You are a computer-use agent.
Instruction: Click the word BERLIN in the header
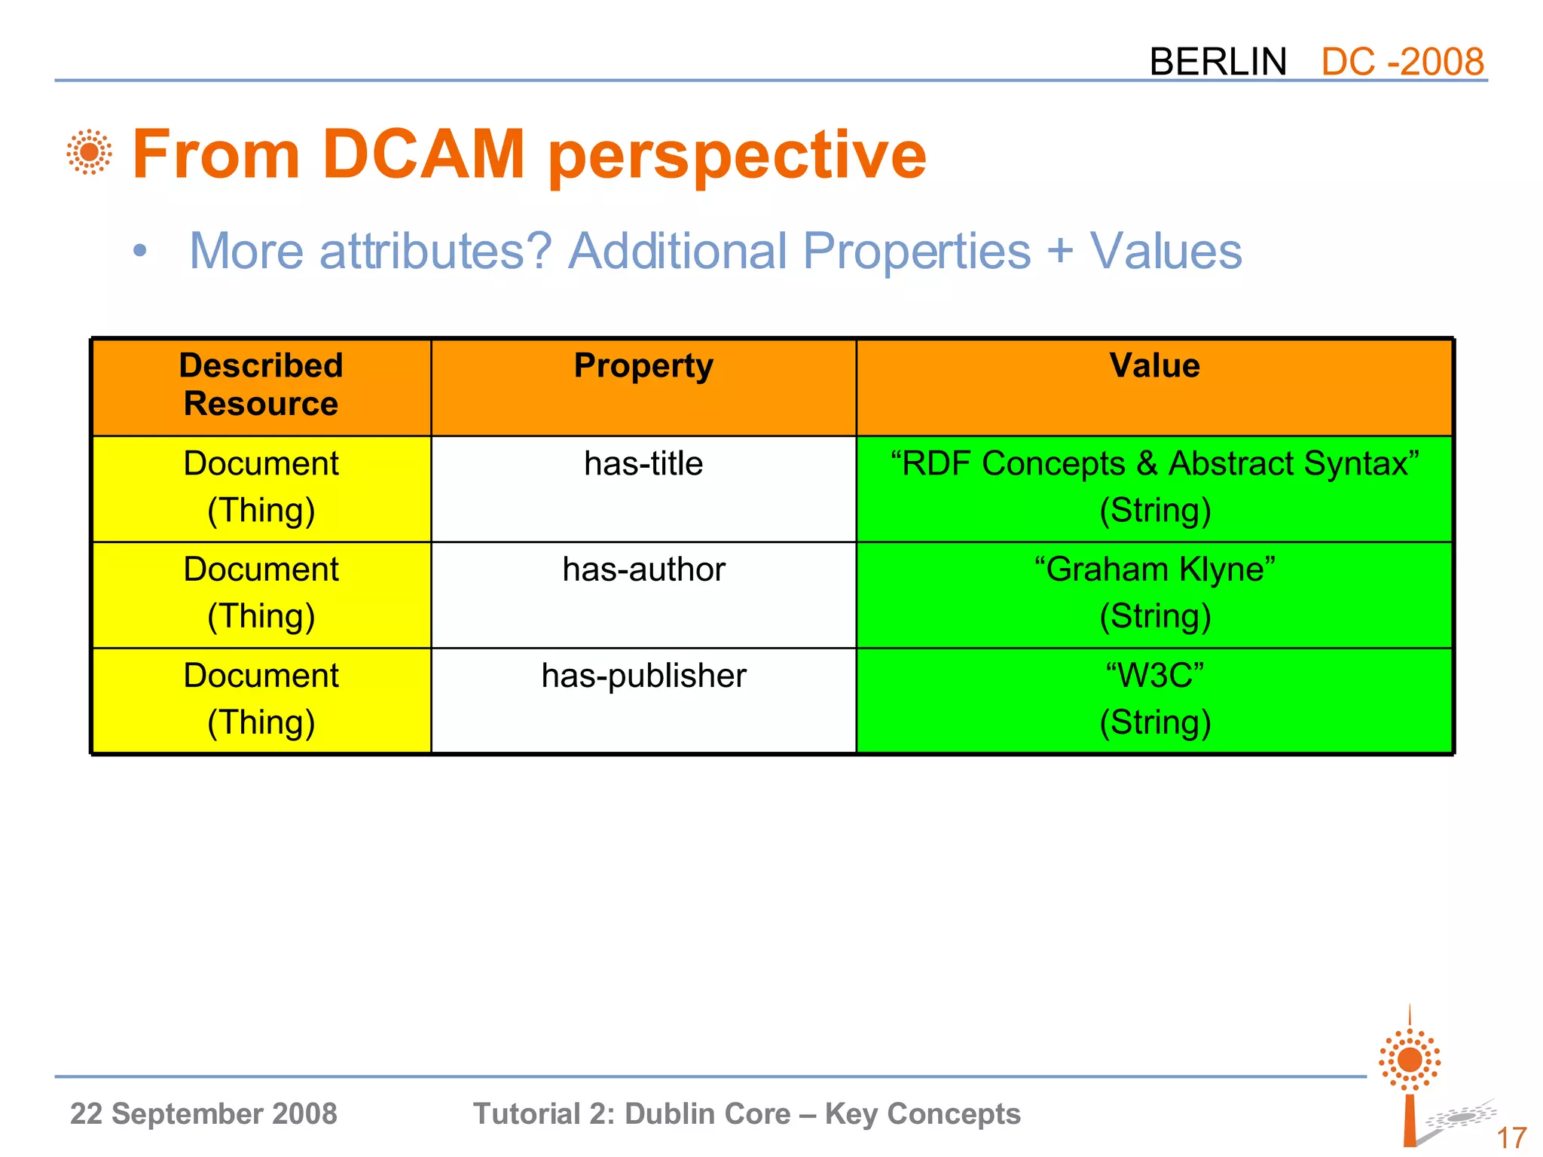(x=1218, y=62)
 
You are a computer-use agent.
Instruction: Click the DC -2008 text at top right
(x=1402, y=62)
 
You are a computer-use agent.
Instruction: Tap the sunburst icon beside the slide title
(x=89, y=152)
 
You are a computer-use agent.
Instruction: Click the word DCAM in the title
(x=423, y=154)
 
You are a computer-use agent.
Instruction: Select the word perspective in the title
(x=737, y=157)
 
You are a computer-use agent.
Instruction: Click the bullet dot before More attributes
(x=139, y=252)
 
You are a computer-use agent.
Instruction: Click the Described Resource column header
(x=261, y=385)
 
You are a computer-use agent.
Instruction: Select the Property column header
(x=643, y=367)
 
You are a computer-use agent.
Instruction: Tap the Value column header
(x=1154, y=367)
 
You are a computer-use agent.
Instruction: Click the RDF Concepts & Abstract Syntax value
(x=1154, y=464)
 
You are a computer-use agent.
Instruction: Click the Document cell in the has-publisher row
(x=261, y=699)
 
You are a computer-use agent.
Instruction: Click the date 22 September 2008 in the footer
(x=203, y=1113)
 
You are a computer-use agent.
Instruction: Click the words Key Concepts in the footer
(x=922, y=1113)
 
